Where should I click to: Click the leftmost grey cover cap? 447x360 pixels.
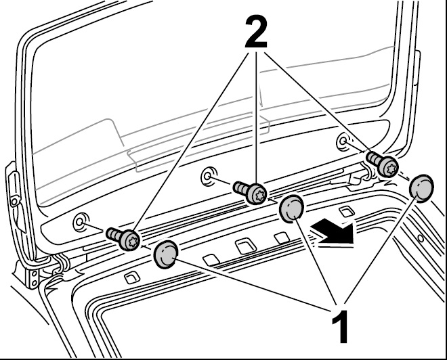click(166, 254)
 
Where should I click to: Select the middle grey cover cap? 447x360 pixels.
click(293, 208)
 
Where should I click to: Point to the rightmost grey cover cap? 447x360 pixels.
click(422, 187)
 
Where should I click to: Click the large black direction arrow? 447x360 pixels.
click(333, 233)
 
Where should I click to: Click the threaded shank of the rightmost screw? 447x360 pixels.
click(374, 160)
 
